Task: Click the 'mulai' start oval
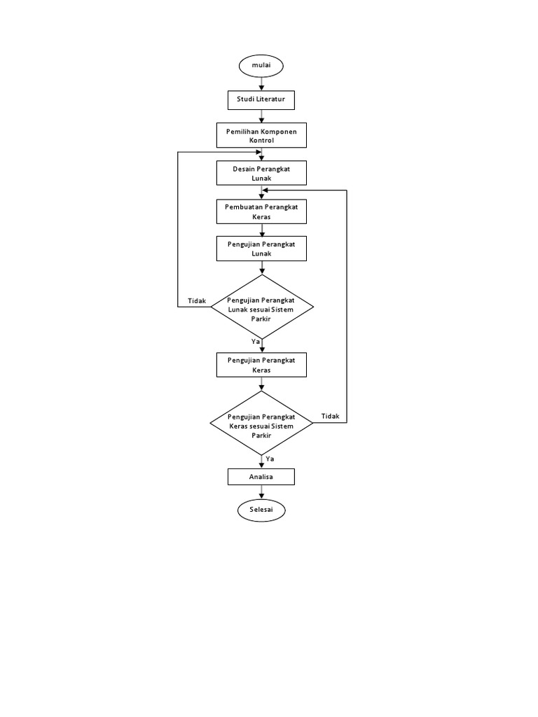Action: click(x=261, y=65)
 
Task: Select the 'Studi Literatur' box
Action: click(x=261, y=101)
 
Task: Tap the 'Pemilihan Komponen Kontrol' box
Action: click(x=261, y=136)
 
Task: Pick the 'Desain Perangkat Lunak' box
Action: click(x=261, y=174)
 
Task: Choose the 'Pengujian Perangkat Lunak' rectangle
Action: click(x=261, y=249)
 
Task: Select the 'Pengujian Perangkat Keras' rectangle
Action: click(x=261, y=364)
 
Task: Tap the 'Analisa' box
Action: click(x=261, y=477)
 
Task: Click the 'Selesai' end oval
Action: click(x=261, y=510)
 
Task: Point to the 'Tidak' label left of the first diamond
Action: click(x=197, y=301)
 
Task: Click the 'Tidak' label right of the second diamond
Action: click(x=330, y=416)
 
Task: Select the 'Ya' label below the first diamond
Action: click(x=256, y=341)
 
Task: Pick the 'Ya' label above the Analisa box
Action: click(x=270, y=459)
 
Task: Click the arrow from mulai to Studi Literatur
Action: click(x=261, y=83)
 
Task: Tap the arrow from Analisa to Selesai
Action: click(x=261, y=492)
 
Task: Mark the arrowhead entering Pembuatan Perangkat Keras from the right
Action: click(x=267, y=190)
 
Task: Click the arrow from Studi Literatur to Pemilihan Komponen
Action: click(x=261, y=117)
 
